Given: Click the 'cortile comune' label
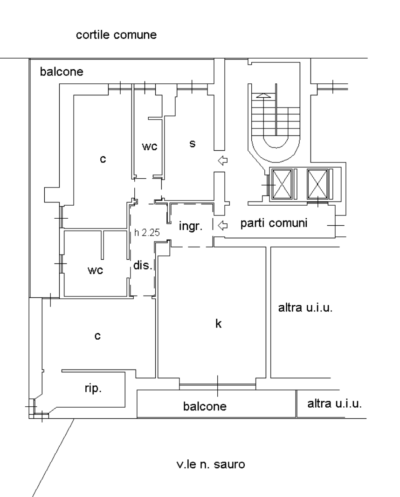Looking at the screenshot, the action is click(x=116, y=34).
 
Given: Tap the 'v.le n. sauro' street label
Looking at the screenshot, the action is click(x=211, y=464).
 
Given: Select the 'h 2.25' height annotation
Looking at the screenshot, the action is click(x=147, y=233).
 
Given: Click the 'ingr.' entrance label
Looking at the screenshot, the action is click(x=191, y=226).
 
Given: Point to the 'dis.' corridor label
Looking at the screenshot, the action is click(x=143, y=265).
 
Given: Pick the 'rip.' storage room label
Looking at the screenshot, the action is click(x=93, y=388).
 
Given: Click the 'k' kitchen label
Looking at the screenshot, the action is click(x=218, y=323).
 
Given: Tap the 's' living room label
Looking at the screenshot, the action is click(x=193, y=144).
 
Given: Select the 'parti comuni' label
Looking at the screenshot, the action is click(x=274, y=223).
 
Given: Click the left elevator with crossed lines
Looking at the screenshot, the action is click(x=282, y=184).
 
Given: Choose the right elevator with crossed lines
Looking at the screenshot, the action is click(x=317, y=184).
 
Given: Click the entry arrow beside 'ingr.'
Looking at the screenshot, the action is click(x=223, y=225).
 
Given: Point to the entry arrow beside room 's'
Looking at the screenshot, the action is click(x=223, y=161).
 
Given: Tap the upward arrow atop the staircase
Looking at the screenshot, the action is click(x=263, y=95).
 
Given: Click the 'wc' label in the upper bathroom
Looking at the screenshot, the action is click(x=150, y=147).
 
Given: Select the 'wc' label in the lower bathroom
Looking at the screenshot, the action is click(x=95, y=270).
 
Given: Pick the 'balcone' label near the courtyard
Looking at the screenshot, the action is click(x=62, y=72).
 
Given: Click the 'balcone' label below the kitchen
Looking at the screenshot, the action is click(x=205, y=406).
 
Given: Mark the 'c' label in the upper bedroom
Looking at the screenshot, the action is click(x=103, y=159).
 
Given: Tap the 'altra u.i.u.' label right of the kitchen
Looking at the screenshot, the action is click(x=305, y=308).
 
